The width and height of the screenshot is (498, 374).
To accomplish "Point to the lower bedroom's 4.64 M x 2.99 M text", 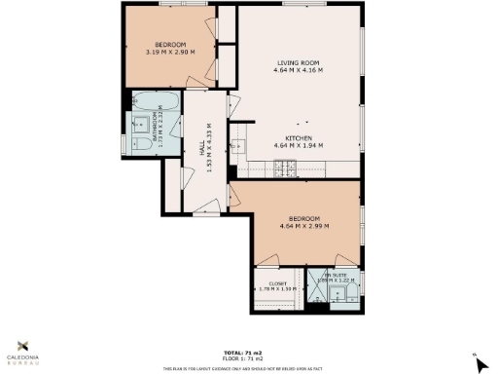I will tap(302, 227).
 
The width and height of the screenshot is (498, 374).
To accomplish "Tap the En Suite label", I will tap(338, 276).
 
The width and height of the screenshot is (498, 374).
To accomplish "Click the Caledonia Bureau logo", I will tap(29, 349).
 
